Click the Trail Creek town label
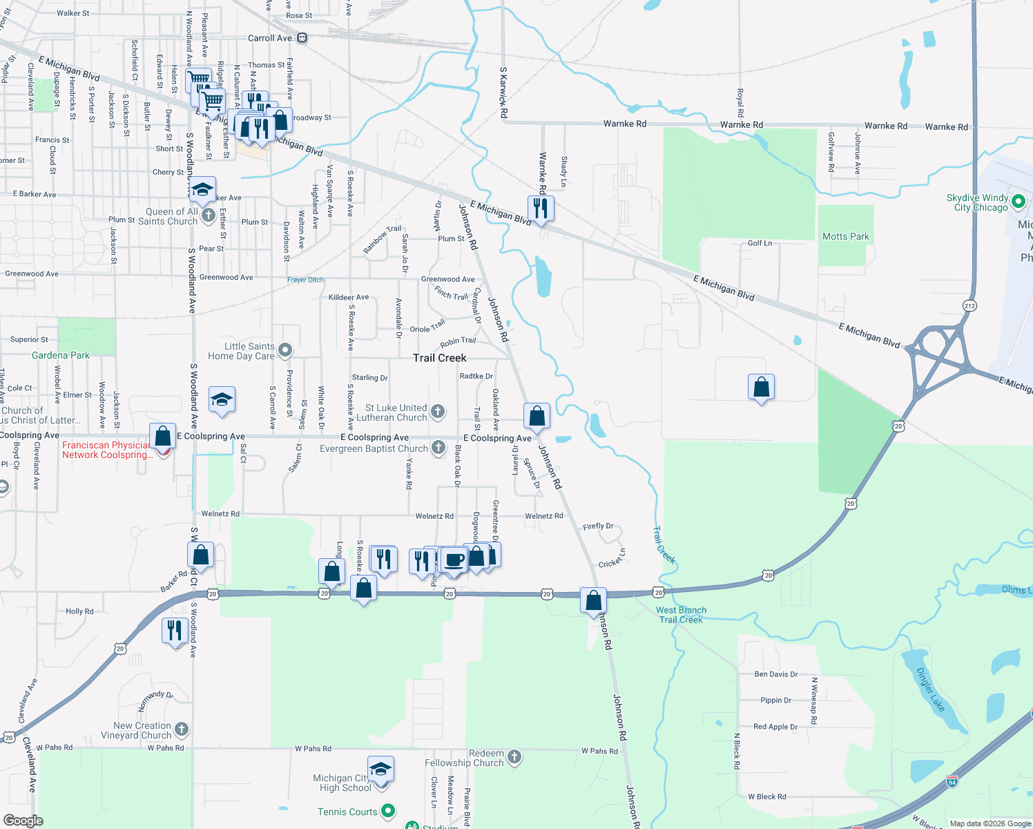click(x=439, y=358)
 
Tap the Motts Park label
click(x=845, y=236)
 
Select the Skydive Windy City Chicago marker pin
click(x=1018, y=202)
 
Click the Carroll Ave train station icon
click(x=302, y=38)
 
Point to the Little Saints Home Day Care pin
click(x=285, y=351)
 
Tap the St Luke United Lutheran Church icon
click(x=437, y=412)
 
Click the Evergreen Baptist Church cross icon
click(x=438, y=448)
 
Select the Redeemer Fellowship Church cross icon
click(x=514, y=758)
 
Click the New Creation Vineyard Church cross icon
click(x=182, y=730)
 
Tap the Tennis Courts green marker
click(x=388, y=811)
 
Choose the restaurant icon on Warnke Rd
click(x=540, y=208)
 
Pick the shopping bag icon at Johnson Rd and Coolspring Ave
click(x=537, y=417)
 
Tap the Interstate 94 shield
click(x=952, y=782)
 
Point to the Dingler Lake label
click(x=930, y=689)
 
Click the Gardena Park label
click(x=61, y=355)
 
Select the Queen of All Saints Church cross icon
click(x=208, y=216)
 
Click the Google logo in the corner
click(x=23, y=821)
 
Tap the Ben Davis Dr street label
click(x=775, y=674)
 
